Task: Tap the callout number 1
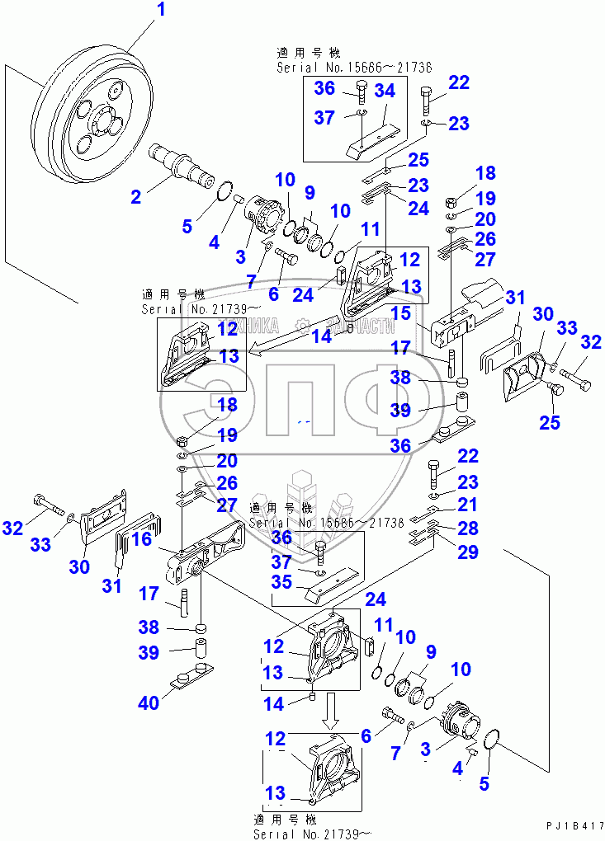161,11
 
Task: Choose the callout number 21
467,504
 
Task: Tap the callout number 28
467,528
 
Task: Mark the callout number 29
467,552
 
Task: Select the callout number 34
385,90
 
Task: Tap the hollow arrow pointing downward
333,710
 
